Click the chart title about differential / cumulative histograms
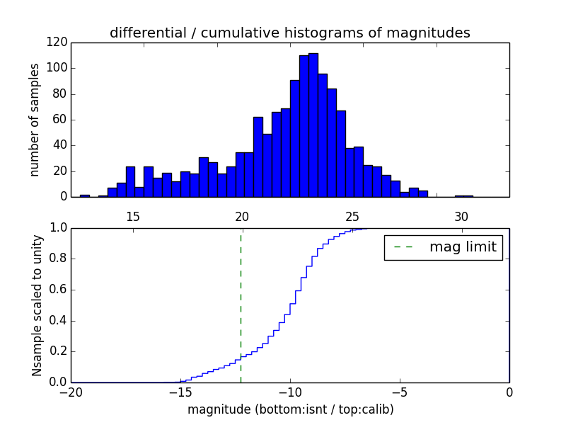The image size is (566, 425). [289, 33]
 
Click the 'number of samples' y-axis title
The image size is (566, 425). [35, 120]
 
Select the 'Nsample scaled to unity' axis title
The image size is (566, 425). [37, 305]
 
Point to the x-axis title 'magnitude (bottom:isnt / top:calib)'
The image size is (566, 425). [290, 409]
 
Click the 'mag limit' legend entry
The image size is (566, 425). [444, 247]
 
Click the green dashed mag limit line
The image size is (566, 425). [241, 305]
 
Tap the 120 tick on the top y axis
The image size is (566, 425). [57, 42]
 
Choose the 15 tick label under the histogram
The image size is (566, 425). [132, 217]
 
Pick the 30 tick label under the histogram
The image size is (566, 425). [461, 217]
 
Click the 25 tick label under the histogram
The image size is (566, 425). [352, 217]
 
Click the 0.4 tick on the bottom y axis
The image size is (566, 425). [58, 321]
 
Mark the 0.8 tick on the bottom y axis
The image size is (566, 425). [58, 259]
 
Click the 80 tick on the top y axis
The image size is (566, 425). [60, 94]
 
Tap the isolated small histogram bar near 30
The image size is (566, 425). [463, 195]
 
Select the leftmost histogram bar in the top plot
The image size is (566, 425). [85, 195]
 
